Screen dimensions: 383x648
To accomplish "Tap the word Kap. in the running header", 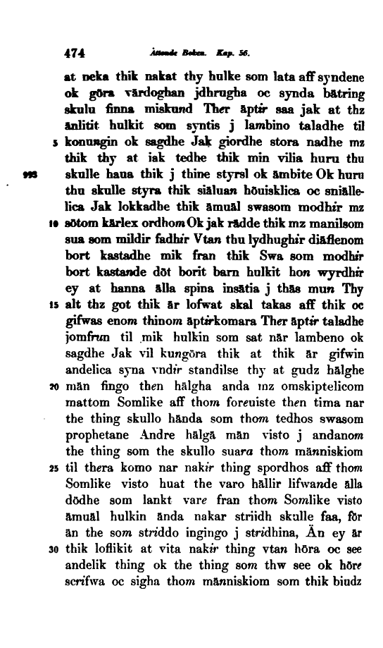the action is pyautogui.click(x=213, y=52).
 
